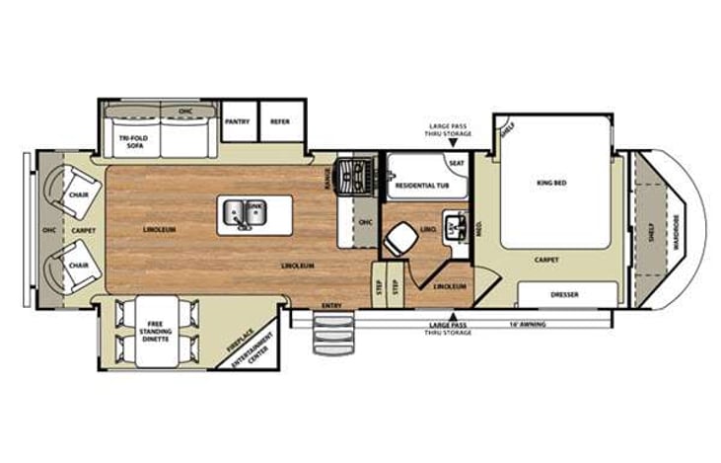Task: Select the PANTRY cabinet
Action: click(x=238, y=121)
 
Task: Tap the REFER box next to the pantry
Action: click(x=279, y=121)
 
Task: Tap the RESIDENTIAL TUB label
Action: click(x=422, y=185)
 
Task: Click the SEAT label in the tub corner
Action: click(x=457, y=163)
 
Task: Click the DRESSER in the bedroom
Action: click(x=565, y=294)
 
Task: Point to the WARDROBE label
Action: click(x=677, y=229)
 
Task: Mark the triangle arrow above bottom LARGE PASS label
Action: click(x=452, y=317)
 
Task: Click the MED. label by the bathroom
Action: click(x=478, y=229)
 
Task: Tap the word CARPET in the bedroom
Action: click(x=547, y=261)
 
